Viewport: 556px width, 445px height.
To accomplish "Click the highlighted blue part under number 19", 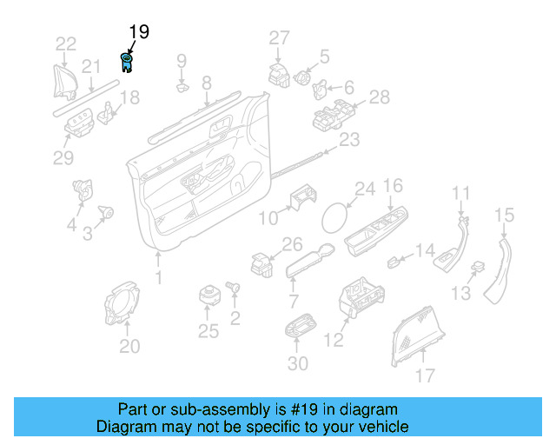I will click(x=127, y=62).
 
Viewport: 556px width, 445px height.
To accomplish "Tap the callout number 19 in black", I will click(x=139, y=32).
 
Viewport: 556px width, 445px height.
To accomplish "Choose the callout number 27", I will click(x=278, y=37).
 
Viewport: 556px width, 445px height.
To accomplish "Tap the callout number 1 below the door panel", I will click(x=158, y=277).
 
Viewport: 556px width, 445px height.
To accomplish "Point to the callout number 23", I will click(x=348, y=139).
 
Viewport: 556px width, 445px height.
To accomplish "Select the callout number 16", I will click(x=394, y=186).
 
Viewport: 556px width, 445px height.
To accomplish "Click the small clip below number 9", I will click(x=182, y=86).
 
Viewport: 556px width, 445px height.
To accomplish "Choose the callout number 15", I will click(x=505, y=215).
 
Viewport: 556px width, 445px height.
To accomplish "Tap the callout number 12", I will click(x=334, y=341).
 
